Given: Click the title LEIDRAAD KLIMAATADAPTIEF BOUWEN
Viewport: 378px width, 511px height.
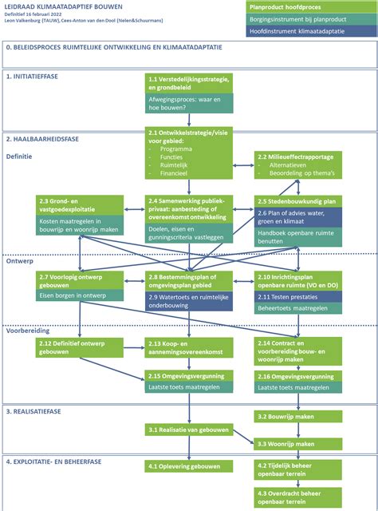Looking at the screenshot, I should pos(59,6).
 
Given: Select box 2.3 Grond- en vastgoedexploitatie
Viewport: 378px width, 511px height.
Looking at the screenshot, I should pos(79,205).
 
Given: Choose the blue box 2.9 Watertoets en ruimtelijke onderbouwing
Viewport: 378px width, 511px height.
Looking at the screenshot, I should pos(189,299).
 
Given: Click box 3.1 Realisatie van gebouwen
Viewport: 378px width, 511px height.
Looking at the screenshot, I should pos(189,430).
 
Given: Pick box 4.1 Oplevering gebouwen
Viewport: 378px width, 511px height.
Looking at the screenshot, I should pos(189,465).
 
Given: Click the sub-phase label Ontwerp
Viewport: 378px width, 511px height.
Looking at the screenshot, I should pos(19,261).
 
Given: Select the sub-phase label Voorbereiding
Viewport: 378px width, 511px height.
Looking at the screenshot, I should pos(27,329).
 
